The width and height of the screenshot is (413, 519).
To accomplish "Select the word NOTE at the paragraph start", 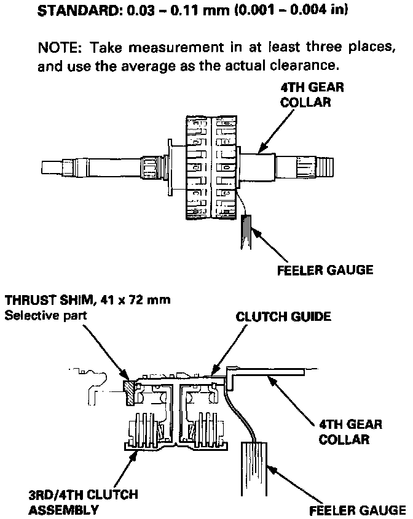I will [58, 48].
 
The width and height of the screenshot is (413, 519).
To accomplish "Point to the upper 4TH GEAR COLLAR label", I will [312, 94].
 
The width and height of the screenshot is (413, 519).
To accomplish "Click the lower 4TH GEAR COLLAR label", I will [350, 431].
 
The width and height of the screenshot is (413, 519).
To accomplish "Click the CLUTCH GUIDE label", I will [284, 317].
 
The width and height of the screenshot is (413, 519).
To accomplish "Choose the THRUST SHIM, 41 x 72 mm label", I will [87, 300].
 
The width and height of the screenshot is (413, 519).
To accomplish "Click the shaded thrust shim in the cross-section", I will [130, 393].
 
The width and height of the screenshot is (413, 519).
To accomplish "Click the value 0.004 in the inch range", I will [307, 10].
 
